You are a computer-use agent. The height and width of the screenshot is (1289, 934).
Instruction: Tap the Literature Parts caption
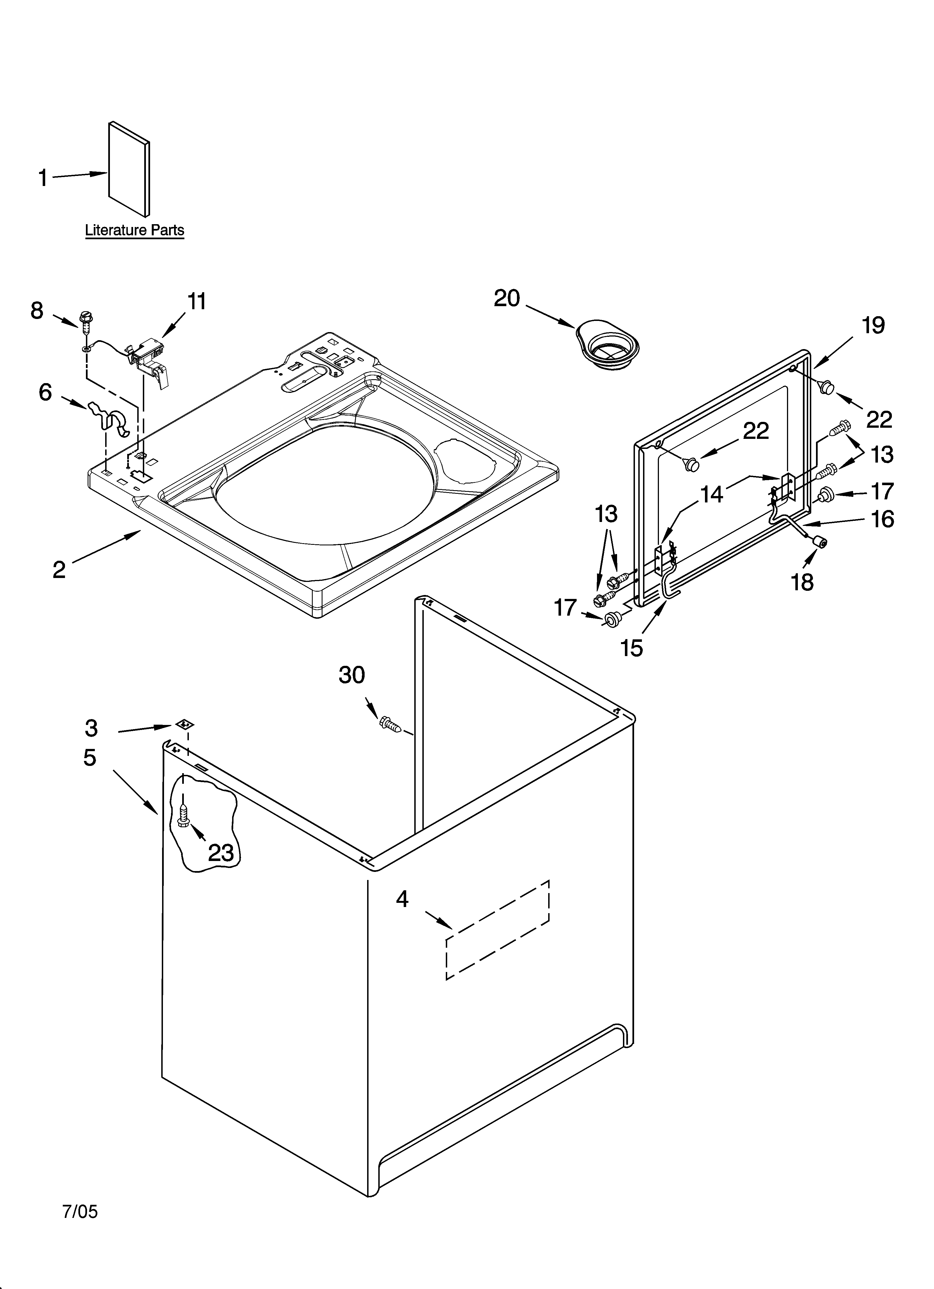pos(135,230)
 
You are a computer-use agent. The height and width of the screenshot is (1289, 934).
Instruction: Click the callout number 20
pos(507,298)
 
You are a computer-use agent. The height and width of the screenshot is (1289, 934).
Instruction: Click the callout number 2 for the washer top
pos(59,570)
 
